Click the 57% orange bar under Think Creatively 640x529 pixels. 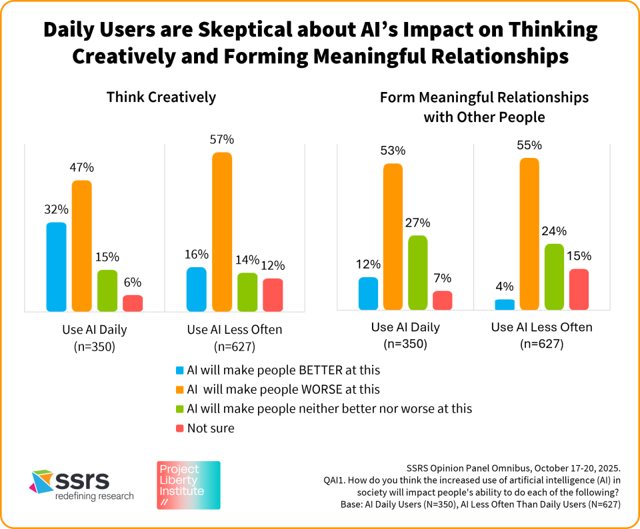(x=222, y=232)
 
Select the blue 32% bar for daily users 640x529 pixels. (x=57, y=266)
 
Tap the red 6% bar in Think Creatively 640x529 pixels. (x=133, y=303)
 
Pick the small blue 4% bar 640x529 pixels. (x=505, y=304)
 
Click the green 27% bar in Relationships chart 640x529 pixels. (x=418, y=272)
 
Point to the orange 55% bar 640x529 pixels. (x=529, y=234)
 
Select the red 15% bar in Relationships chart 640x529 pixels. (x=579, y=289)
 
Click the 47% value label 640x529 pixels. (x=82, y=168)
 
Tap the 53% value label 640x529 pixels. (x=393, y=151)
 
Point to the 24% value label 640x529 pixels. (x=554, y=231)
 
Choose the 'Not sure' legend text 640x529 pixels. (x=210, y=428)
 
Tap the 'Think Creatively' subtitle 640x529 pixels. (x=161, y=97)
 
